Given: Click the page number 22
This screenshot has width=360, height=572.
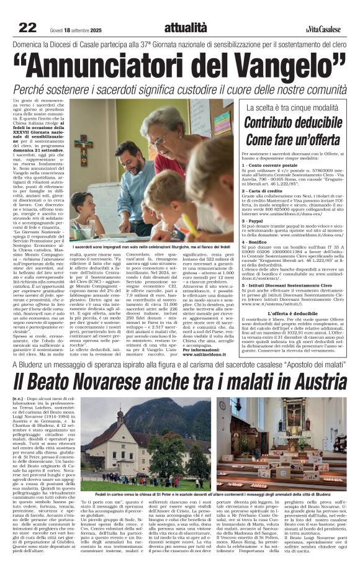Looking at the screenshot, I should tap(28, 27).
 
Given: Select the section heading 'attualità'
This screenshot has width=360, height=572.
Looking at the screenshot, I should tap(185, 27).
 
